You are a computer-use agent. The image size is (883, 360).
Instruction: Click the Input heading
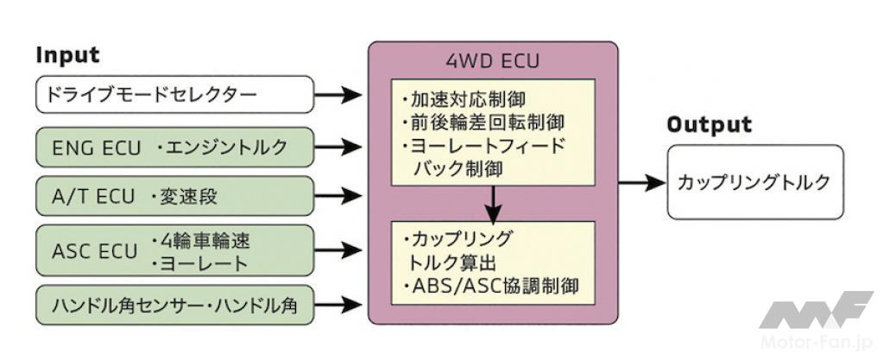pos(67,55)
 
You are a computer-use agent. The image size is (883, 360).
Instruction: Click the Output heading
pos(709,125)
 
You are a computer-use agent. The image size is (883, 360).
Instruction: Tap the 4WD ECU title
pos(493,60)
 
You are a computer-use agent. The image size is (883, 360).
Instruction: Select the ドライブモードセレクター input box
pos(174,94)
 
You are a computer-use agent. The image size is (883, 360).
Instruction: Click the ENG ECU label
pos(97,148)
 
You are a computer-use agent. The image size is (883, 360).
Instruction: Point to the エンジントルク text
pos(221,148)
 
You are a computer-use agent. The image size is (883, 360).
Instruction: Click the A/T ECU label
pos(93,197)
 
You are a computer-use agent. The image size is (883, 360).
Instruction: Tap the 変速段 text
pos(184,197)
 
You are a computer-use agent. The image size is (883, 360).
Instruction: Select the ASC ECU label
pos(95,251)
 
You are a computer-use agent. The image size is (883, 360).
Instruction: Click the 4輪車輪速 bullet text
pos(200,241)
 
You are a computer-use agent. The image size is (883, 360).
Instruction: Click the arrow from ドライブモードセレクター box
pos(337,95)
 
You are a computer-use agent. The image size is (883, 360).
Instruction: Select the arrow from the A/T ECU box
pos(337,196)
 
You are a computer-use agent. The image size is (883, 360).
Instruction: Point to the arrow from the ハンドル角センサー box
pos(337,305)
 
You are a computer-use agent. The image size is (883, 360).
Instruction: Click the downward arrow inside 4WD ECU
pos(493,205)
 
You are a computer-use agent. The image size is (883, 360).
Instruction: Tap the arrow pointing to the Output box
pos(642,182)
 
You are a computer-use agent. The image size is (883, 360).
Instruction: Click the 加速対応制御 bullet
pos(464,100)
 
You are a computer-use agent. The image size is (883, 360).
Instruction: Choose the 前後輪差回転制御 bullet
pos(482,123)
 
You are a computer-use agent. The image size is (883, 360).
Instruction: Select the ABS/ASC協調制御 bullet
pos(490,286)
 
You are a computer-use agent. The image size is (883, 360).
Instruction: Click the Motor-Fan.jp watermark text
pos(816,343)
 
